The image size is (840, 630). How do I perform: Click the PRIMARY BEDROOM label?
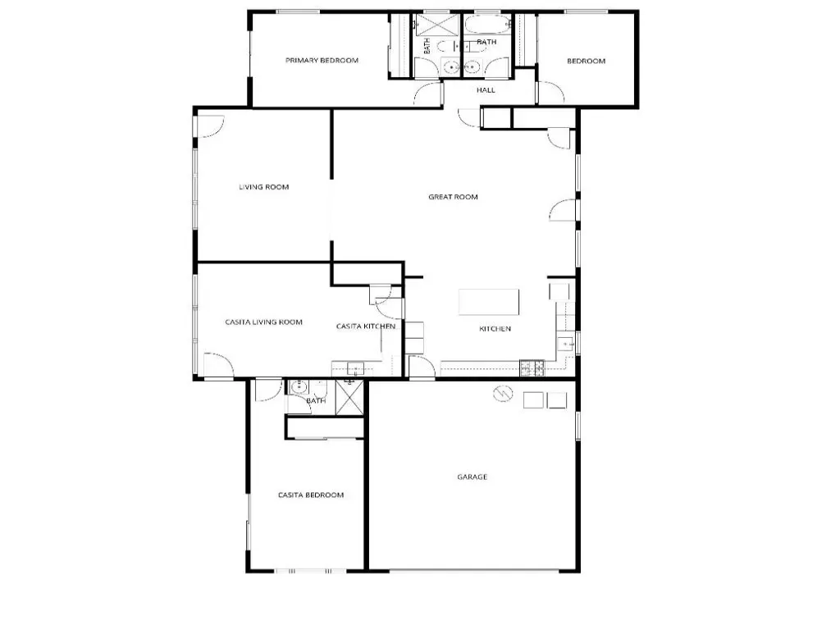tap(322, 61)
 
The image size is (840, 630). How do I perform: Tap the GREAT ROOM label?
tap(453, 197)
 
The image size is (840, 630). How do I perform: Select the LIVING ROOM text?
tap(263, 187)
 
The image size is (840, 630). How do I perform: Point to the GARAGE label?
tap(472, 477)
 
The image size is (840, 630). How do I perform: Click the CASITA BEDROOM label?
tap(311, 495)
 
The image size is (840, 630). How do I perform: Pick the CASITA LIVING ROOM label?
tap(263, 322)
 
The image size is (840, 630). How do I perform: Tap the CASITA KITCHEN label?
tap(366, 326)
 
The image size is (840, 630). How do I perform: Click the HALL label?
tap(486, 90)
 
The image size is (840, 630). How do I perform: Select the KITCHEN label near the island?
tap(495, 328)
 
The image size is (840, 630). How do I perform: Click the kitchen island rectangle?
tap(489, 302)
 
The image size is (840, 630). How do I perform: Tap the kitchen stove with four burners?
tap(532, 368)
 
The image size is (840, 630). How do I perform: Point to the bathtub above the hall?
tap(487, 24)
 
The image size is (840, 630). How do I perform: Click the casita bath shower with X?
tap(349, 397)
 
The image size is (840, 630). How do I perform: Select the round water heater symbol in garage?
tap(503, 394)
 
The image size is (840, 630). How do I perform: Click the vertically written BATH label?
tap(427, 46)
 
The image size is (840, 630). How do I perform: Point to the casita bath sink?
tap(299, 386)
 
